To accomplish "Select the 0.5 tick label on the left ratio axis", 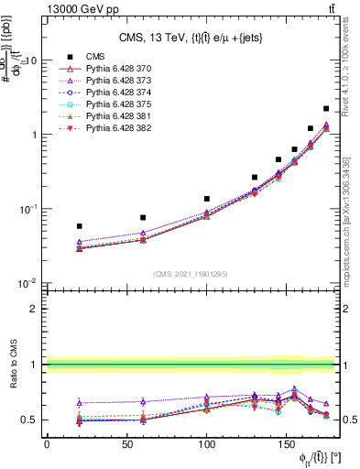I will [28, 420].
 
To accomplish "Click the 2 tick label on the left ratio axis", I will [33, 309].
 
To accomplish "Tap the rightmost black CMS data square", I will [326, 108].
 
